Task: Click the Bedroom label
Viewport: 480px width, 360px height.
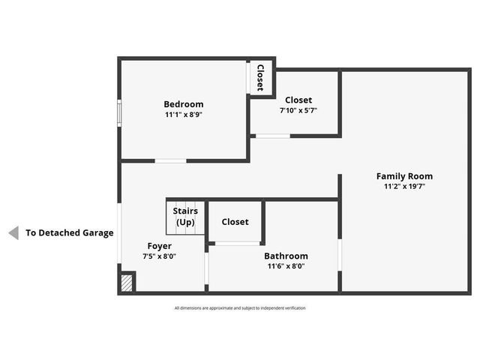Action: point(184,104)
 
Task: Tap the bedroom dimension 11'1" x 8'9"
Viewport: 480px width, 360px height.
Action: point(184,115)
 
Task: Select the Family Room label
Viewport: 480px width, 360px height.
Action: point(404,176)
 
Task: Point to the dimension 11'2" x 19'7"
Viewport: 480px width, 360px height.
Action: point(404,187)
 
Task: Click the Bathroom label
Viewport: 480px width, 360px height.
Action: point(286,256)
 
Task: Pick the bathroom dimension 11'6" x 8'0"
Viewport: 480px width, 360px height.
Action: point(286,265)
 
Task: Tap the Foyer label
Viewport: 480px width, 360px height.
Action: point(159,246)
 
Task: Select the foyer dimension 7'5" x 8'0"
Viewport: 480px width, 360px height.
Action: point(159,256)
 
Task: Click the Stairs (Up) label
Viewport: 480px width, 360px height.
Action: point(185,217)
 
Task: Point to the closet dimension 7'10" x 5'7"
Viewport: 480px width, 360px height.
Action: point(298,110)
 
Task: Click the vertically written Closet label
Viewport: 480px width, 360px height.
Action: point(260,77)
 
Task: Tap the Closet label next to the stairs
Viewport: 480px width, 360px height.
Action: point(235,222)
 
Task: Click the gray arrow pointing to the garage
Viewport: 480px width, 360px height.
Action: point(13,233)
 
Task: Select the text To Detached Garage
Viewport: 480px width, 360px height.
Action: point(70,233)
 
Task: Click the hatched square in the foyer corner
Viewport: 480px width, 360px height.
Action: point(127,283)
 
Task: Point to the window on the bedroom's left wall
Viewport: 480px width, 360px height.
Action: point(119,112)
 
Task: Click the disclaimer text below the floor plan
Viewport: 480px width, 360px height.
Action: point(240,308)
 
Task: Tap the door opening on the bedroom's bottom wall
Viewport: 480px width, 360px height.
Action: point(171,160)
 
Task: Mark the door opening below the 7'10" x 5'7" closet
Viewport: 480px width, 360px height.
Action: point(272,136)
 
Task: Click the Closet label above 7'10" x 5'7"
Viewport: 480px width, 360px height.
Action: point(298,100)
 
